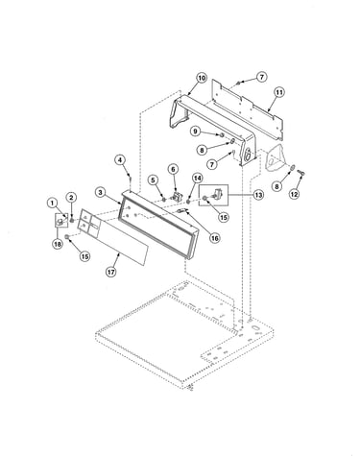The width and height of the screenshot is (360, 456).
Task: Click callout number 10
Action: tap(202, 78)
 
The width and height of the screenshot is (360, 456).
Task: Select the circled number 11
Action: tap(279, 92)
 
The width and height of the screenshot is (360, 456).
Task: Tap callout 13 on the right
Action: tap(258, 195)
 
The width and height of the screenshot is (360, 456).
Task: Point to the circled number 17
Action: tap(111, 272)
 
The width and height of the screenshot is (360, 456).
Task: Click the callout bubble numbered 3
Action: tap(101, 192)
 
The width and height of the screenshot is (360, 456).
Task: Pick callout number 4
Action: tap(120, 160)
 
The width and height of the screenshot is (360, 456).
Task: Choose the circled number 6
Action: tap(173, 169)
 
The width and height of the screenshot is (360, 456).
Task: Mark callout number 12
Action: tap(294, 194)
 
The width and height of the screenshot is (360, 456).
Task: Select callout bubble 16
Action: tap(214, 238)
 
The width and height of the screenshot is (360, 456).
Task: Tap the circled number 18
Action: tap(58, 244)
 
